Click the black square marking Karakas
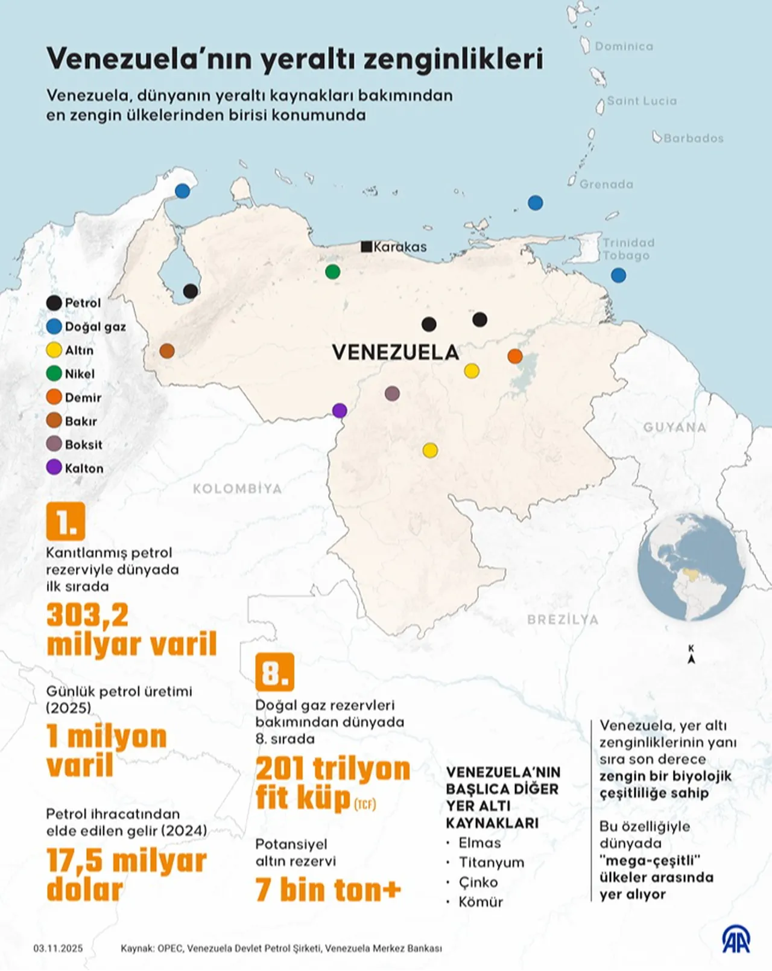point(366,246)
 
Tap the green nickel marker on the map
point(332,272)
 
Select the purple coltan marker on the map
point(340,410)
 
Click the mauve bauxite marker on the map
point(392,393)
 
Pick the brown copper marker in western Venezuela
point(167,351)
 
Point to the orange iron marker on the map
point(514,355)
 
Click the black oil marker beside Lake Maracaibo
point(191,291)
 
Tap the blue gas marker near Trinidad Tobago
point(618,275)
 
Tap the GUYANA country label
point(674,427)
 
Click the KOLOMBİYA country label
point(237,488)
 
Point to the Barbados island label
point(693,138)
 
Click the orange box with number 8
point(274,672)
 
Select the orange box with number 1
point(66,521)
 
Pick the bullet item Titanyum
point(491,862)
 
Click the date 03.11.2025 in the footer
point(58,948)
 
